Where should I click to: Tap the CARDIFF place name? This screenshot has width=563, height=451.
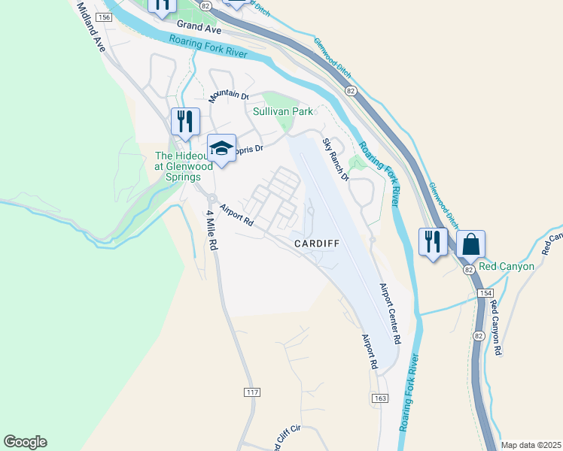317,244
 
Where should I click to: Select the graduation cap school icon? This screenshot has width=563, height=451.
221,148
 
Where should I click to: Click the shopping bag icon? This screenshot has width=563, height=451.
470,244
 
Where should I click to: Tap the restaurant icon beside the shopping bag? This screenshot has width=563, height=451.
432,242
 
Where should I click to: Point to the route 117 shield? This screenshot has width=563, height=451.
253,392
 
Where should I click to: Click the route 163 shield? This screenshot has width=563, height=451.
378,396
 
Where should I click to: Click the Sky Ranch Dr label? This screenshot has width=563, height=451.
336,160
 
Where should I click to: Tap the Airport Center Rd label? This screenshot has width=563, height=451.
389,313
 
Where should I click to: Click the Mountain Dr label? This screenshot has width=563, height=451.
229,95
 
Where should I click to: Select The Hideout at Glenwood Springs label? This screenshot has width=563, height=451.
178,166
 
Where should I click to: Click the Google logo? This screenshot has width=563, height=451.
25,442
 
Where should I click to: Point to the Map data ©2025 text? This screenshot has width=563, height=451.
531,445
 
